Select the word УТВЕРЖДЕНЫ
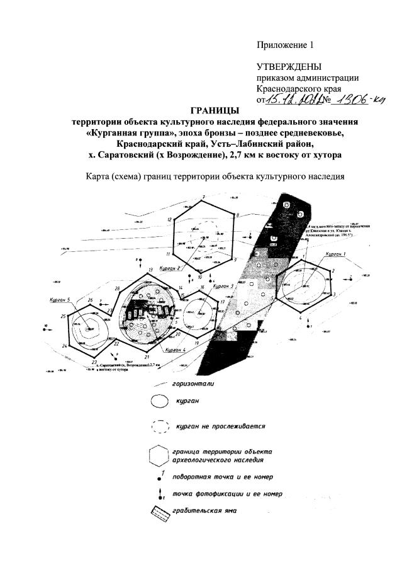(x=289, y=67)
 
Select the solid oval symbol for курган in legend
(x=159, y=401)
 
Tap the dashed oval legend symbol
(x=159, y=426)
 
